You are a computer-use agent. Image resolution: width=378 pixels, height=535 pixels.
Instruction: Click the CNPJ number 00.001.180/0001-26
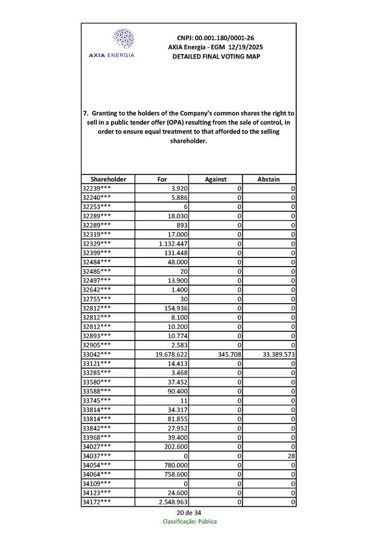coord(216,38)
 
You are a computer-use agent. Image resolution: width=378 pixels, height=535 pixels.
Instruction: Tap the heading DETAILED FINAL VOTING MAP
coord(216,56)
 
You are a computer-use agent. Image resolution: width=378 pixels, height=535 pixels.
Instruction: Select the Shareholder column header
coord(108,179)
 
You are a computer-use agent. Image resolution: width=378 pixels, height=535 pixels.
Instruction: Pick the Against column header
coord(216,179)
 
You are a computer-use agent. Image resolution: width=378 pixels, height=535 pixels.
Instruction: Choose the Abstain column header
coord(269,179)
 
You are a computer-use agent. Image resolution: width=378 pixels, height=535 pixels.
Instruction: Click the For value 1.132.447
coord(171,244)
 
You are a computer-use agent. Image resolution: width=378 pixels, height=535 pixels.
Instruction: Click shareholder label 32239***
coord(97,188)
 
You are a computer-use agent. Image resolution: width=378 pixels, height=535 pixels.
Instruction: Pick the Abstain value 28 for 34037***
coord(291,456)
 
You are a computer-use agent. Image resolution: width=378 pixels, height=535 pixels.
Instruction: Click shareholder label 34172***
coord(97,502)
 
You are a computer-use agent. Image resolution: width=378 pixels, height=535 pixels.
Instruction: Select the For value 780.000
coord(175,466)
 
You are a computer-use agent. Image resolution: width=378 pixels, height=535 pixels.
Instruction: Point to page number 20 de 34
coord(188,513)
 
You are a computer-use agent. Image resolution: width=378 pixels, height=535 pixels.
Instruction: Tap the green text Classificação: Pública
coord(190,521)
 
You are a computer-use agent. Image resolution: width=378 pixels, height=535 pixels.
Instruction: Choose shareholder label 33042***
coord(97,354)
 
